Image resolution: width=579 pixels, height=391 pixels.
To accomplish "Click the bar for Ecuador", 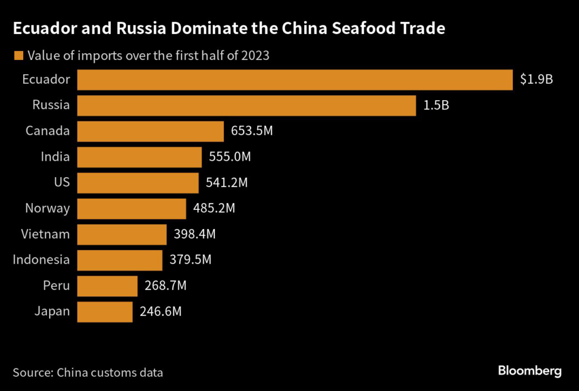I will tap(294, 80).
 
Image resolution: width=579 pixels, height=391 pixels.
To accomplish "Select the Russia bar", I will tap(246, 105).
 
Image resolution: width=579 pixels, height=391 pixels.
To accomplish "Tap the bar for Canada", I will tap(150, 131).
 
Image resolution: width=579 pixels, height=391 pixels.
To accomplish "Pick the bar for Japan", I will tap(105, 312).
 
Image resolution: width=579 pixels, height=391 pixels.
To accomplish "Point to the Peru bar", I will tap(107, 286).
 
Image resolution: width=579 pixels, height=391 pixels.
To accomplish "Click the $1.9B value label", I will tap(536, 80).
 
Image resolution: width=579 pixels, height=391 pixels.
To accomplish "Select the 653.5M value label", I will tap(252, 131).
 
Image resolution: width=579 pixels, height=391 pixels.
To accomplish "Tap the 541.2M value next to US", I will tap(227, 183).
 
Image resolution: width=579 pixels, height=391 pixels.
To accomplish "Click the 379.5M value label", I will tap(191, 260).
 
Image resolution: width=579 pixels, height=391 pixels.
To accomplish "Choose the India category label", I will tap(55, 157).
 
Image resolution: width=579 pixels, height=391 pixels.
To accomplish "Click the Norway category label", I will tap(47, 209).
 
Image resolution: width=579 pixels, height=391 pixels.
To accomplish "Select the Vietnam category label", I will tap(45, 234).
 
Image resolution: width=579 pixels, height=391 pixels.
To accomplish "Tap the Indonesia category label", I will tap(41, 260).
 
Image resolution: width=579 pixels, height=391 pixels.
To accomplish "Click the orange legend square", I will tap(18, 55).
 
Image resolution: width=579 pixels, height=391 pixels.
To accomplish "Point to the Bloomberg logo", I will tap(530, 371).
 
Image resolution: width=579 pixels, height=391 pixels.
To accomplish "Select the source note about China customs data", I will tap(88, 372).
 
